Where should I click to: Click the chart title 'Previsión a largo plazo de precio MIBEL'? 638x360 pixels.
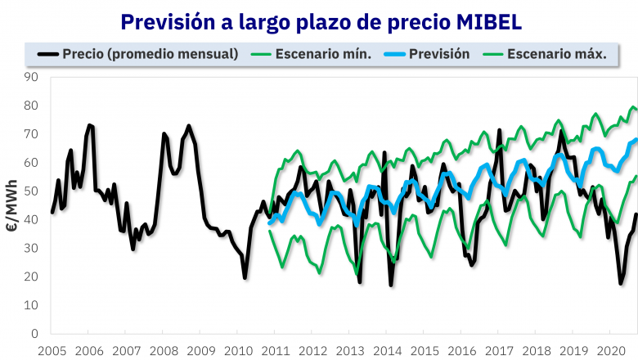[319, 21]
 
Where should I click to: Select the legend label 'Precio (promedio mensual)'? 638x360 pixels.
[151, 55]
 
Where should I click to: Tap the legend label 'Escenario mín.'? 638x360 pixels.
[323, 55]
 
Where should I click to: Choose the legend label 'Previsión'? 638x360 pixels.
[440, 55]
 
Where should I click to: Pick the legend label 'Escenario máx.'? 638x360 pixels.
[556, 55]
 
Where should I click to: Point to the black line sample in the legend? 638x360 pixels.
[49, 55]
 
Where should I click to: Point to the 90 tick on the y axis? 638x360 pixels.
[32, 77]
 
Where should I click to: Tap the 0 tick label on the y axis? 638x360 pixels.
[35, 334]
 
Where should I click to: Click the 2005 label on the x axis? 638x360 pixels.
[52, 350]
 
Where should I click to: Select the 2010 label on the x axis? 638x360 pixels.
[238, 350]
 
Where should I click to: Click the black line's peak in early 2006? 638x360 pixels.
[90, 125]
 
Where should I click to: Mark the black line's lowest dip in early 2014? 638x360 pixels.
[391, 285]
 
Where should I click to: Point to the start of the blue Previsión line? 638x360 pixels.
[270, 223]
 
